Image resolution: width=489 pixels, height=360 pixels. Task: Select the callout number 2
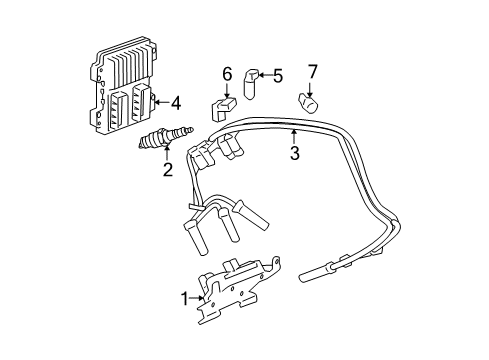click(x=168, y=169)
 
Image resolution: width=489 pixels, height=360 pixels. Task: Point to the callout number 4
click(x=175, y=101)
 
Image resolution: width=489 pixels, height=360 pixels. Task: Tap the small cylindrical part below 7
click(x=309, y=100)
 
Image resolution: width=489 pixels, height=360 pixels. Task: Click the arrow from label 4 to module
click(x=161, y=101)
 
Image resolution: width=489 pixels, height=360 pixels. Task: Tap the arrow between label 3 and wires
click(x=294, y=137)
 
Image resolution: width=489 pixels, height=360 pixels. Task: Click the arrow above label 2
click(x=167, y=155)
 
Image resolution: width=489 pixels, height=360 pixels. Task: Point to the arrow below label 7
click(x=312, y=85)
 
